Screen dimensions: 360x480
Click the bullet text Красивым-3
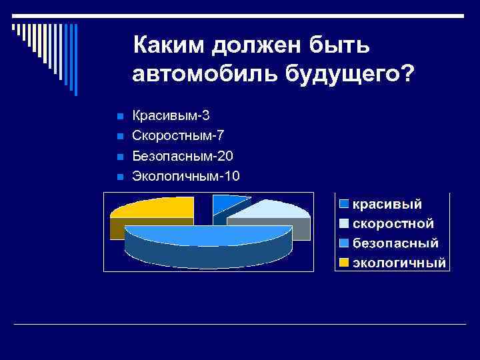tap(171, 115)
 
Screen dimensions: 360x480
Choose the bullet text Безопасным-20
tap(183, 156)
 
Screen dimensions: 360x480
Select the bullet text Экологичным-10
tap(186, 176)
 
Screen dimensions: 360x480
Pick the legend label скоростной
tap(393, 223)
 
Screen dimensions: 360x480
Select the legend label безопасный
tap(395, 243)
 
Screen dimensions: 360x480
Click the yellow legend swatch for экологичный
tap(343, 263)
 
